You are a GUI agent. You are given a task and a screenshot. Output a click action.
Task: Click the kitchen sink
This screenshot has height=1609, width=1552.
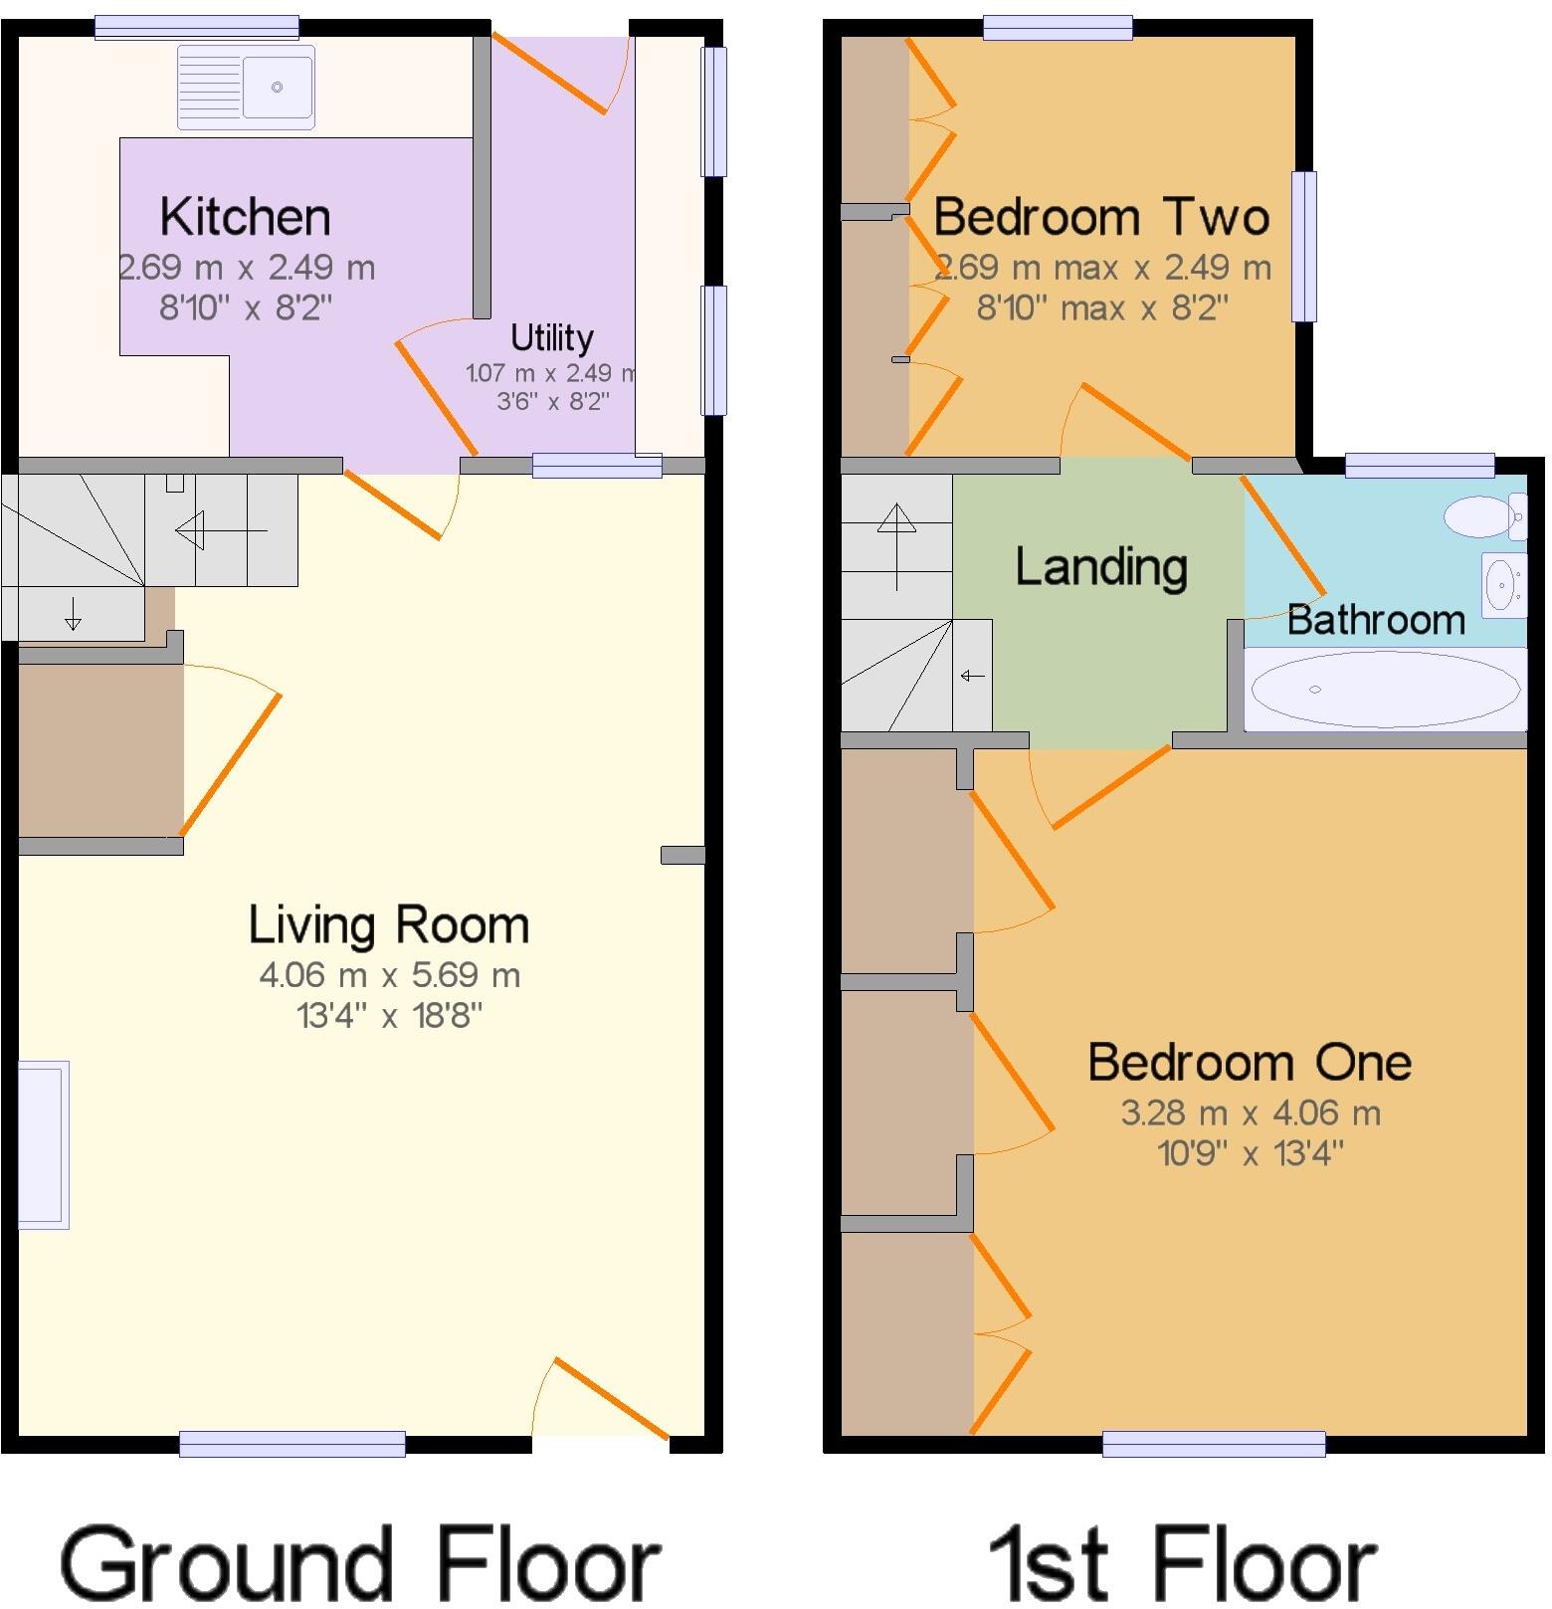coord(247,88)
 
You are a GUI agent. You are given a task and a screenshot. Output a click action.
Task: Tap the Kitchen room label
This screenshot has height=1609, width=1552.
coord(245,217)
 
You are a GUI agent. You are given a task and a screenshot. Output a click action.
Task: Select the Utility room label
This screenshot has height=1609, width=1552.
coord(551,338)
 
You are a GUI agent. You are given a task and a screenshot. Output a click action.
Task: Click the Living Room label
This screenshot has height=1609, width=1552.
coord(388,925)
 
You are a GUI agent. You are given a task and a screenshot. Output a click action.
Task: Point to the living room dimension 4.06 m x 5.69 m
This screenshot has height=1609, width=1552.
coord(389,975)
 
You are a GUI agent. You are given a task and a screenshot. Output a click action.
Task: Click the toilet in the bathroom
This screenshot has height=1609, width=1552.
coord(1483,516)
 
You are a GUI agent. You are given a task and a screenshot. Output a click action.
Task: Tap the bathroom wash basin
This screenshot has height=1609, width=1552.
coord(1502,582)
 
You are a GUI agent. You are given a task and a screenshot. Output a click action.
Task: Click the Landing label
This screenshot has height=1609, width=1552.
coord(1100,567)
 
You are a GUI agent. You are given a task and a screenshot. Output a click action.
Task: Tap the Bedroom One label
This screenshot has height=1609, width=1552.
coord(1250,1063)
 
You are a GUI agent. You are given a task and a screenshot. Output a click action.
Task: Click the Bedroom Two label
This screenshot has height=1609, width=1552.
coord(1101,217)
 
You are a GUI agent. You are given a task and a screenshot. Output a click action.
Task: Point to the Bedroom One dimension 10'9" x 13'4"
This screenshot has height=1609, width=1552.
coord(1251,1154)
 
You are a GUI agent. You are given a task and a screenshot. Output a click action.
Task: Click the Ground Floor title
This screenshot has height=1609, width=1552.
coord(359,1565)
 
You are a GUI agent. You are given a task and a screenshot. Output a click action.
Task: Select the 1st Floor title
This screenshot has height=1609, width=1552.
coord(1182,1565)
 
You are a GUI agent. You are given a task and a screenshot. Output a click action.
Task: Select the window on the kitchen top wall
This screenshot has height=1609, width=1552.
coord(196,27)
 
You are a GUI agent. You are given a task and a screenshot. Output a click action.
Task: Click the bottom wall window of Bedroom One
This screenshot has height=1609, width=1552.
coord(1214,1443)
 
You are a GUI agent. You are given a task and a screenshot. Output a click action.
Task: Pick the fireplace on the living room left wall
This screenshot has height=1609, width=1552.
coord(43,1144)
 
